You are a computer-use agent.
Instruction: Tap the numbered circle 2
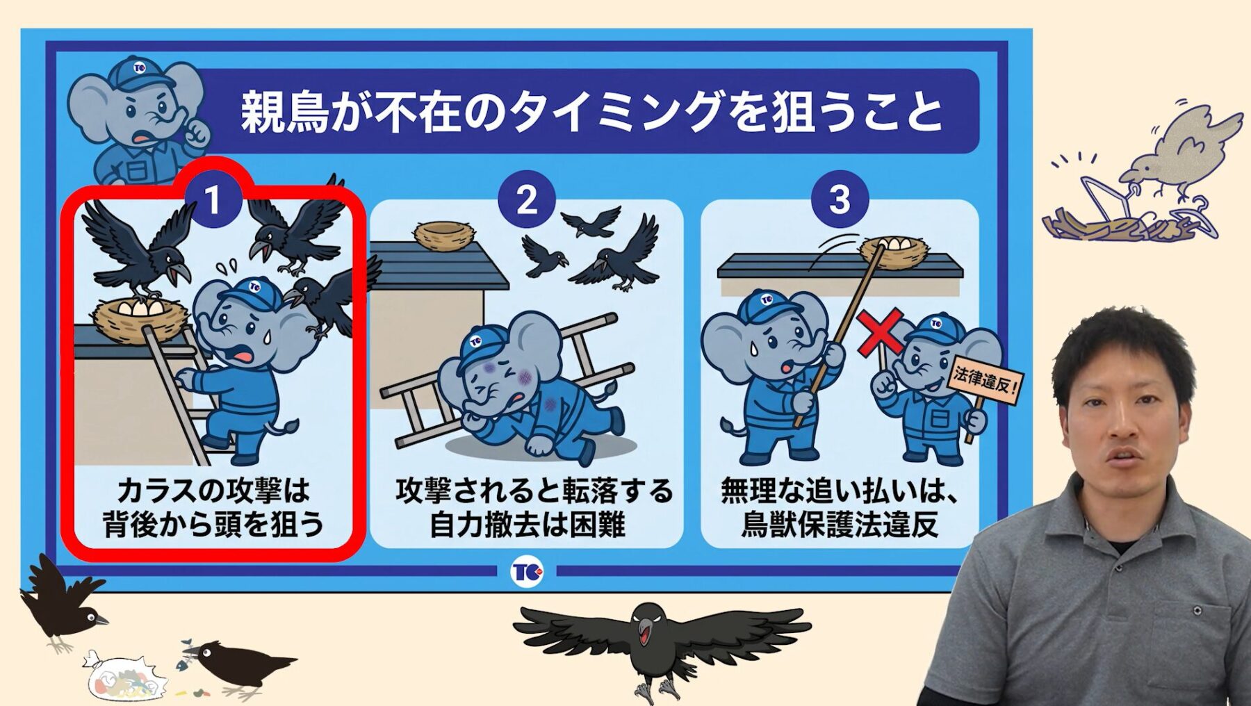click(527, 200)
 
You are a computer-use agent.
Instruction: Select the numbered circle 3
click(840, 200)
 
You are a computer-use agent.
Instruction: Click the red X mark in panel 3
click(880, 333)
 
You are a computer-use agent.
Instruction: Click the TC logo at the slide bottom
click(528, 572)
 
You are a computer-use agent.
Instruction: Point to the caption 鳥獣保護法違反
click(840, 525)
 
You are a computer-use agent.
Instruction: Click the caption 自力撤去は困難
click(528, 525)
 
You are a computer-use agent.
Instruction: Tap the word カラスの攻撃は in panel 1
click(213, 491)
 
